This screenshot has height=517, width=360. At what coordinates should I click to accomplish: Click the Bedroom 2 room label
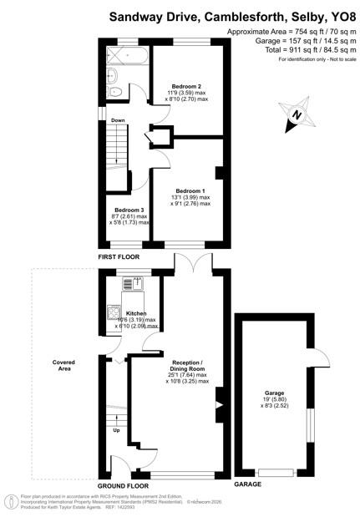pos(186,86)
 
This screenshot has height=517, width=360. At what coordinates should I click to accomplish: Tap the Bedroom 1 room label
pos(190,190)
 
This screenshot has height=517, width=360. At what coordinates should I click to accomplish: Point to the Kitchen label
pos(135,313)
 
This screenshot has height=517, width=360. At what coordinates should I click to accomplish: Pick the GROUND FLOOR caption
pos(124,485)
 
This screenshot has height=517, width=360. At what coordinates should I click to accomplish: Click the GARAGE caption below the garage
pos(247,484)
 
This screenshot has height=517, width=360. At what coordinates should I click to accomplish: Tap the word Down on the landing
pos(118,120)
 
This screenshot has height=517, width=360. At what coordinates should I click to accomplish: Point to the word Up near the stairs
pos(115,430)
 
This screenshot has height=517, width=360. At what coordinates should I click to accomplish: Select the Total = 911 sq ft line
pos(291,51)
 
